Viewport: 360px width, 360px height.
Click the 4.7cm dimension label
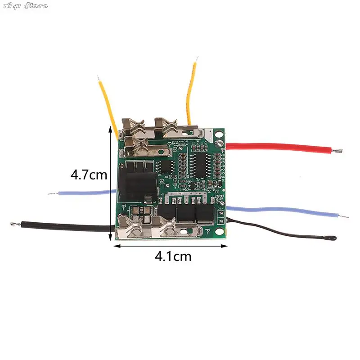point(89,174)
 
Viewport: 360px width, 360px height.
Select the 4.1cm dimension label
point(173,256)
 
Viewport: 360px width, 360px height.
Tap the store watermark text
point(25,5)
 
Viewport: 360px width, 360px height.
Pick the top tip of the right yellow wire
point(197,58)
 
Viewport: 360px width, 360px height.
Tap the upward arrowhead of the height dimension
point(111,128)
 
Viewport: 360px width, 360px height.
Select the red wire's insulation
point(279,147)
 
